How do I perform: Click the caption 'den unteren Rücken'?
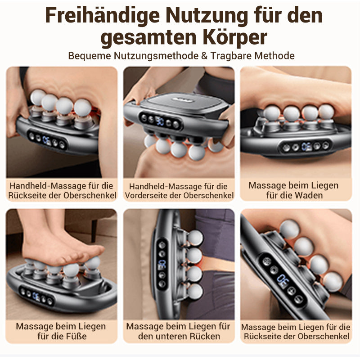pos(179,336)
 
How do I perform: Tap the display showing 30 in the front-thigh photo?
pos(161,121)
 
